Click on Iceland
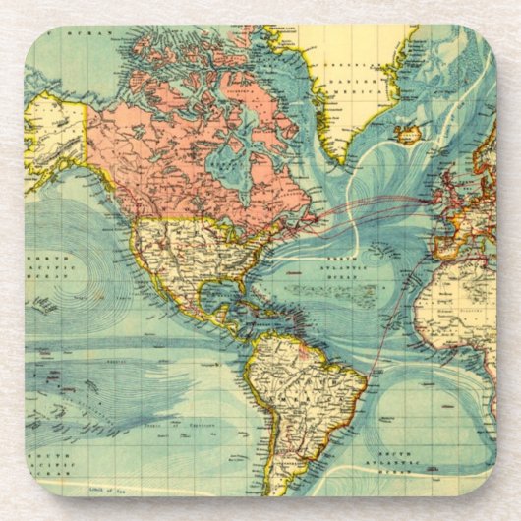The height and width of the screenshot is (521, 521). pyautogui.click(x=407, y=133)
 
